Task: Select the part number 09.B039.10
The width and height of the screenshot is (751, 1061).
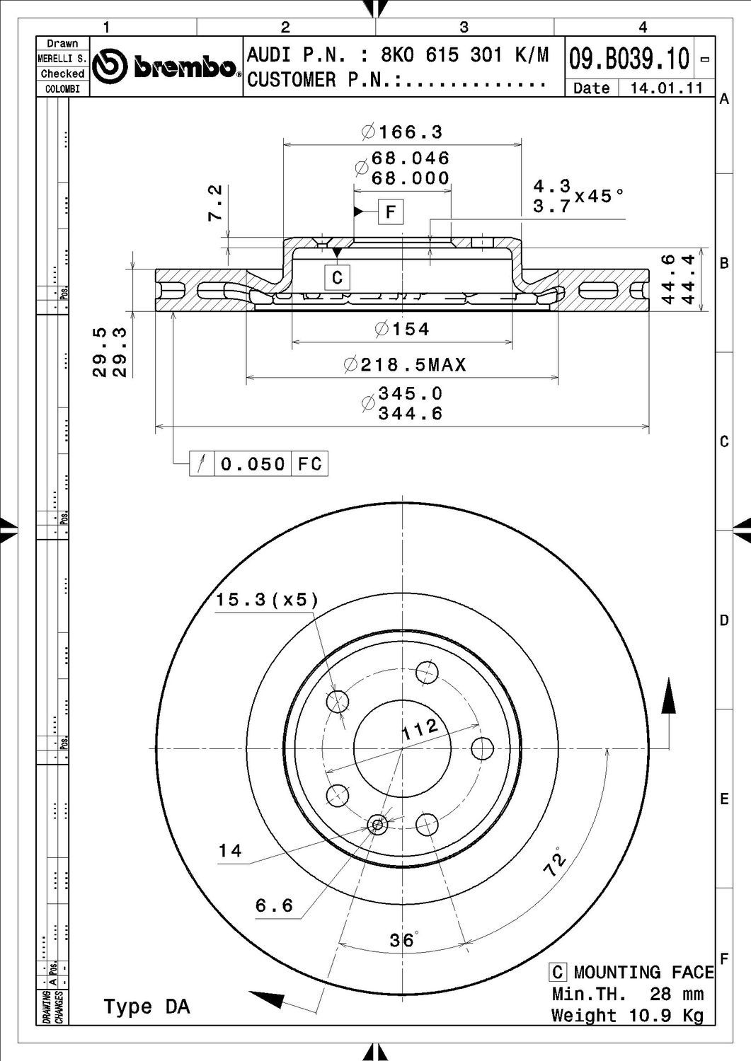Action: pos(629,59)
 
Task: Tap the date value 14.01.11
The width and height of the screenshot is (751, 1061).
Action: pos(667,88)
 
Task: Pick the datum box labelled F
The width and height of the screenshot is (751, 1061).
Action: pos(391,211)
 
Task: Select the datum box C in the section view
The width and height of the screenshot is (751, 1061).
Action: pos(337,277)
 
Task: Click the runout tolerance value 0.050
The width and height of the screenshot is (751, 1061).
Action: pos(253,464)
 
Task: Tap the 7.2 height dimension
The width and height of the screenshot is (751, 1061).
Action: pos(215,204)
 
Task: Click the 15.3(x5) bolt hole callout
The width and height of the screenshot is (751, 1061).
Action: pos(267,600)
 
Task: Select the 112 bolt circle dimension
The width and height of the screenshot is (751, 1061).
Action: pos(422,729)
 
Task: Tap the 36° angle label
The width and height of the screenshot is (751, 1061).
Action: pos(403,940)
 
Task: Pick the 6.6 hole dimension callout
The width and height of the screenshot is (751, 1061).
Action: pos(274,905)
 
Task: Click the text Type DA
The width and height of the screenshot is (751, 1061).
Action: pos(147,1006)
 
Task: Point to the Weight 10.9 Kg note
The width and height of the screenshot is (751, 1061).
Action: pos(627,1016)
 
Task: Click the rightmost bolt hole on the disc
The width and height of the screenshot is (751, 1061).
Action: pos(482,748)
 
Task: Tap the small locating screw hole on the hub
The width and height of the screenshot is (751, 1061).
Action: pos(377,824)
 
